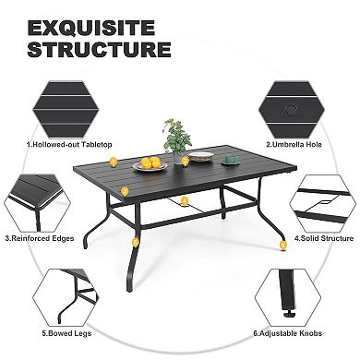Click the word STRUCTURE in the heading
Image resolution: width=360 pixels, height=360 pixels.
click(x=99, y=50)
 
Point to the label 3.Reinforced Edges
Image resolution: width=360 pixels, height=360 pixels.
click(x=40, y=236)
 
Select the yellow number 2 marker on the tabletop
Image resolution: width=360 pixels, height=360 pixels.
click(x=185, y=161)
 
